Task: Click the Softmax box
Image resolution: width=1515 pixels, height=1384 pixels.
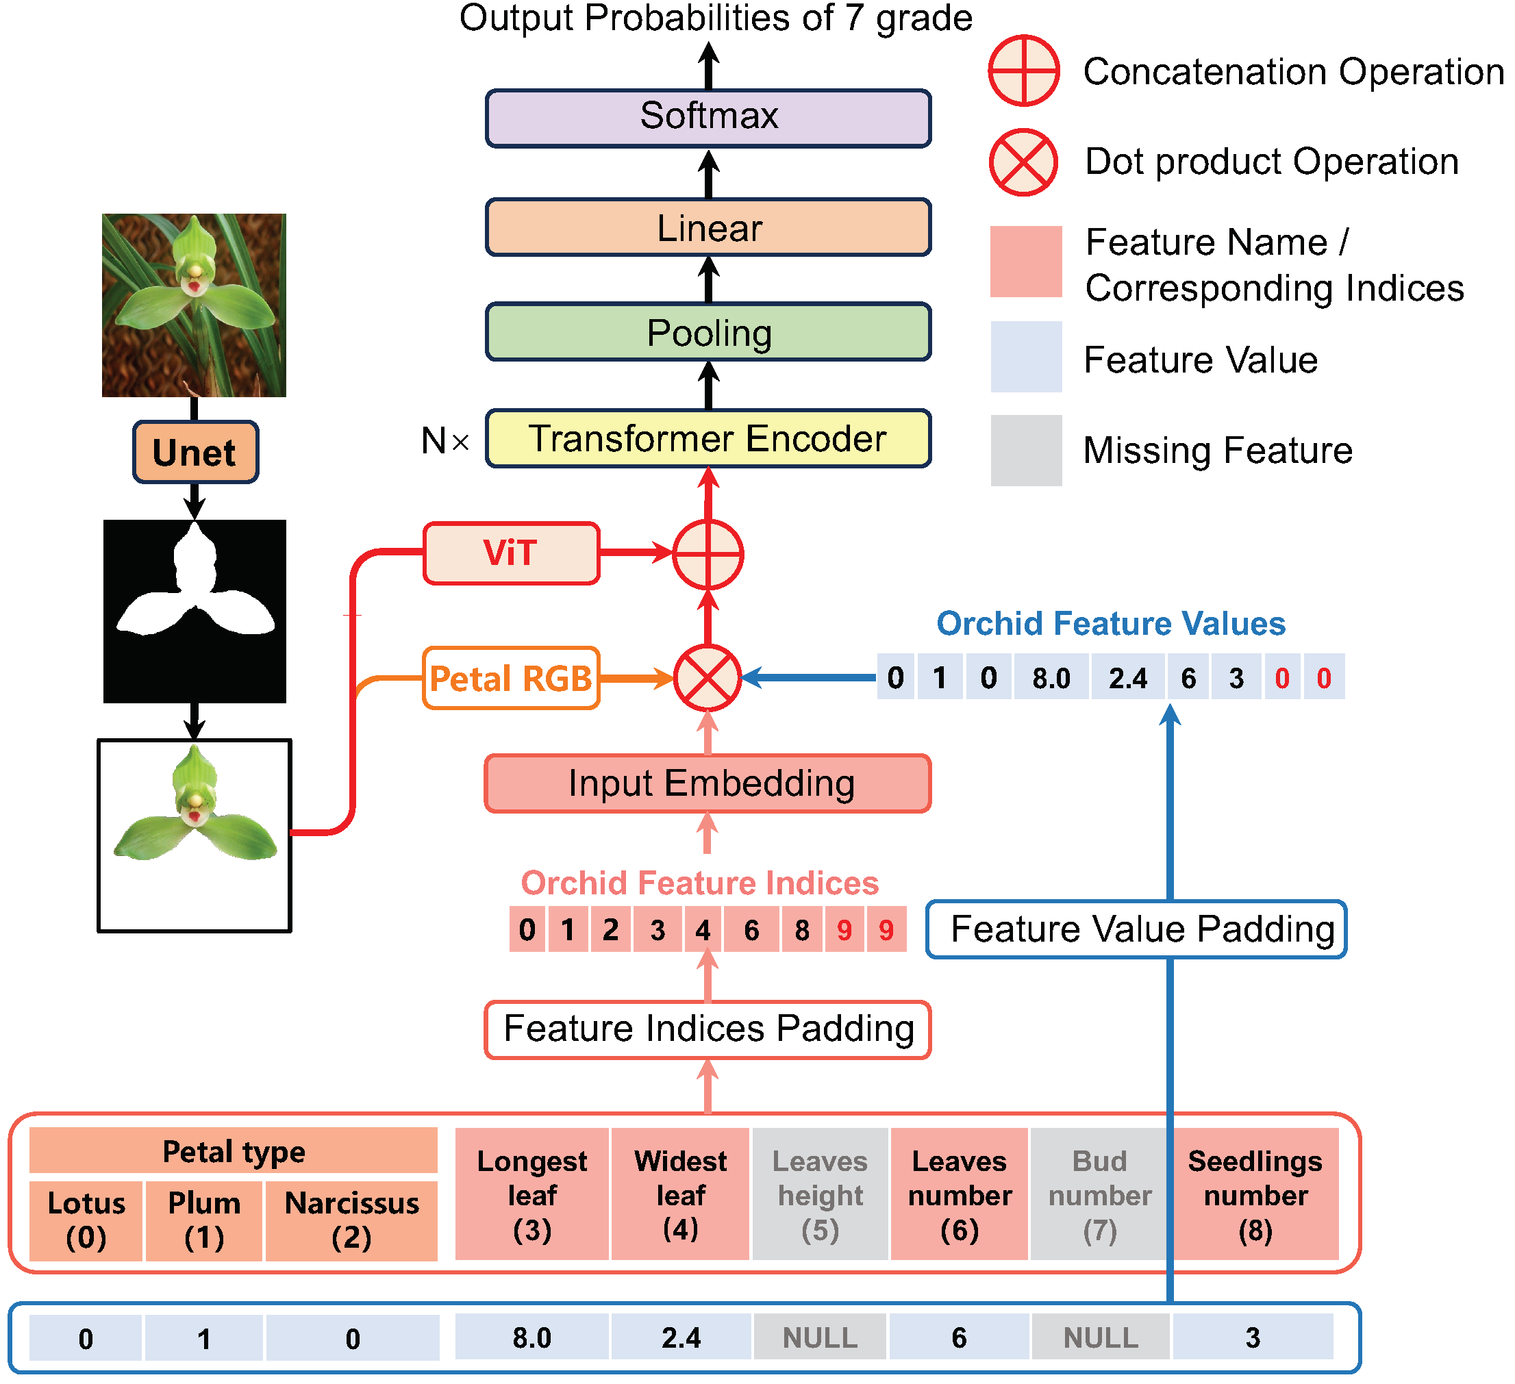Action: point(708,117)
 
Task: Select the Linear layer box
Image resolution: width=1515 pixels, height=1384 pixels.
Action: point(708,227)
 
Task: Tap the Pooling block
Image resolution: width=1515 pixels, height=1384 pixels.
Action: point(708,332)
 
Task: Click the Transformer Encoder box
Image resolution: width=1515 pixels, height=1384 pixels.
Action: point(708,439)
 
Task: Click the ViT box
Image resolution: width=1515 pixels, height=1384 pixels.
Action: point(511,553)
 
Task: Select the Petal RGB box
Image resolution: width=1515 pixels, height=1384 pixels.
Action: point(511,679)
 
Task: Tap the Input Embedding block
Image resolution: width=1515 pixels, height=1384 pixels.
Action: point(708,783)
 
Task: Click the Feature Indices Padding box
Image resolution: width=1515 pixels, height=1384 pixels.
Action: point(708,1029)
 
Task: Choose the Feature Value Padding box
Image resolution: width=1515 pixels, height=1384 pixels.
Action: point(1136,929)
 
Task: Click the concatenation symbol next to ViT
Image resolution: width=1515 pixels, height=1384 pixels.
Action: point(708,555)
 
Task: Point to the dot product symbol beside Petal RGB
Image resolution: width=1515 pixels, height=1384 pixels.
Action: point(707,678)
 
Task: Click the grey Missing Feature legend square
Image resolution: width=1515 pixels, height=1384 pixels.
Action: point(1026,450)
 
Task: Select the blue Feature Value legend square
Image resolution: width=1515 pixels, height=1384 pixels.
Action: point(1026,357)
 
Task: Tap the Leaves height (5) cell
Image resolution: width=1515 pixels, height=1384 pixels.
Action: point(820,1195)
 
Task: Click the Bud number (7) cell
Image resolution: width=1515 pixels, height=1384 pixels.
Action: point(1099,1195)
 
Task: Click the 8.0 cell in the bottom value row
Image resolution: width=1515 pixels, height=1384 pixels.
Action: point(531,1338)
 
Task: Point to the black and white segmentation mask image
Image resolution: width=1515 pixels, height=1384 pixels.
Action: point(195,612)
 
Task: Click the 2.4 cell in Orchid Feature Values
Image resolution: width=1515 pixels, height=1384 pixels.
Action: point(1127,679)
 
